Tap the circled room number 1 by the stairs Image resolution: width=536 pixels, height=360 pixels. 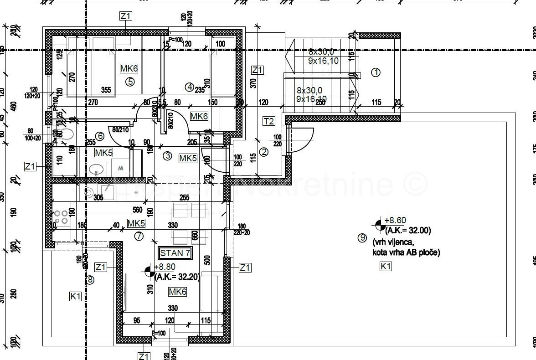point(376,72)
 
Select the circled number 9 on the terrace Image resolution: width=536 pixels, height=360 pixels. point(362,237)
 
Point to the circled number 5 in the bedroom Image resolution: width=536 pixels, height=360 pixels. point(130,82)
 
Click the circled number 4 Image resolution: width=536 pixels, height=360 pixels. point(189,86)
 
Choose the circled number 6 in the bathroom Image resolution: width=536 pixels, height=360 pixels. point(100,136)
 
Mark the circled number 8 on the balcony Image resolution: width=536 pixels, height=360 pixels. point(90,280)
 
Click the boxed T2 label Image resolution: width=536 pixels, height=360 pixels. point(269,121)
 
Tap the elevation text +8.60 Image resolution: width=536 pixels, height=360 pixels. point(395,220)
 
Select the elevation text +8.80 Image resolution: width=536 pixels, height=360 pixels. point(165,267)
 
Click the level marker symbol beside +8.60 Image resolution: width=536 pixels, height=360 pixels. point(379,225)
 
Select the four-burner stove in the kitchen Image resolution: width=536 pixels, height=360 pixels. point(61,217)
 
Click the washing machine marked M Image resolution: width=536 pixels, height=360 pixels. point(121,168)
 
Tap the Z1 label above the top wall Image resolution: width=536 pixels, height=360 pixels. point(126,16)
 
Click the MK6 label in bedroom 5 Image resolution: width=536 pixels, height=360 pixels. point(129,69)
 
